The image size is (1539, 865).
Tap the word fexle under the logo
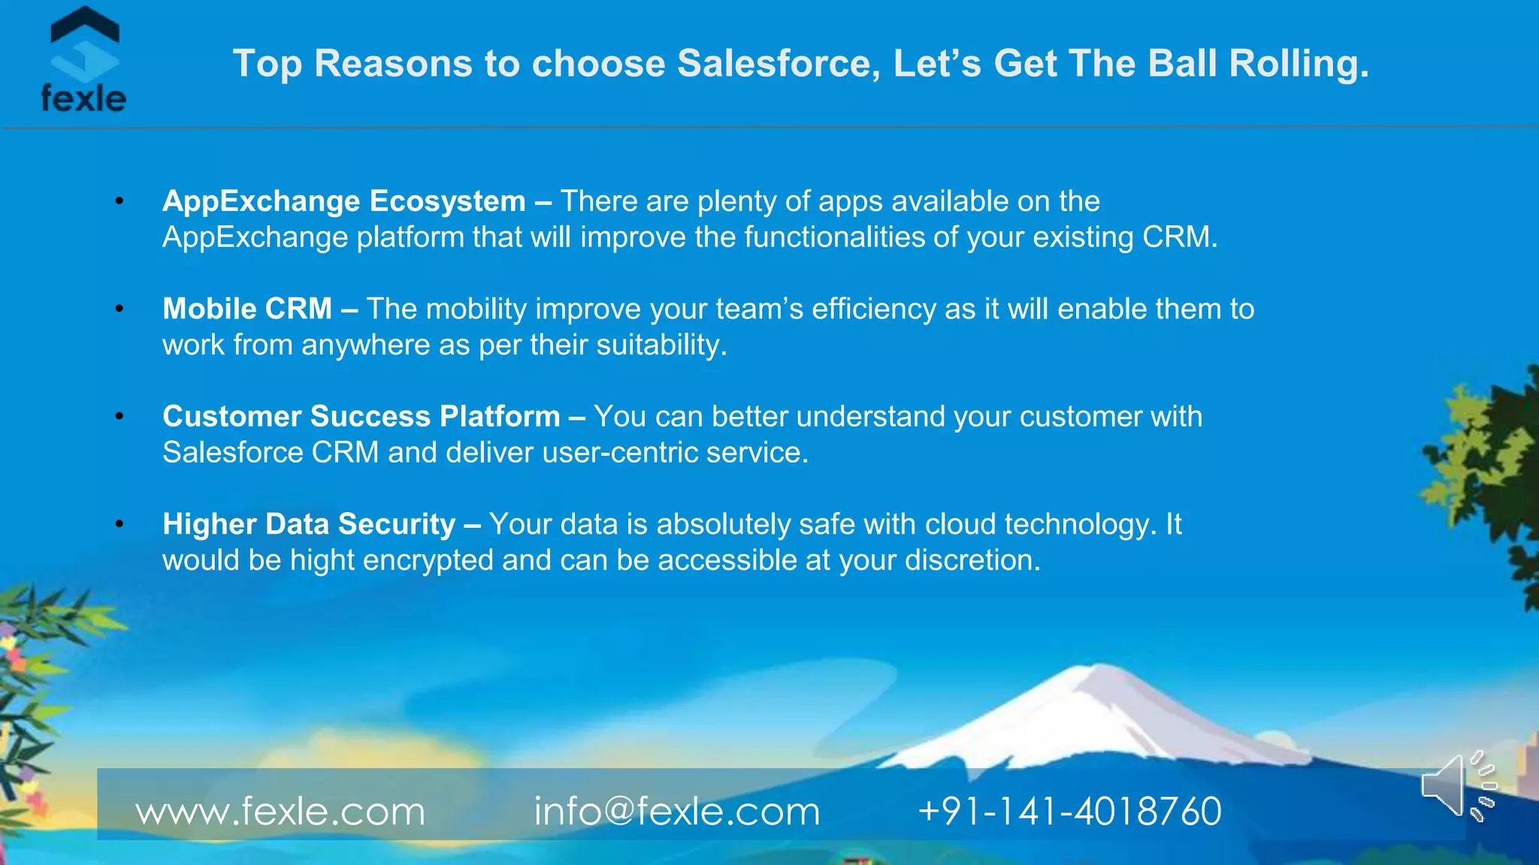coord(83,98)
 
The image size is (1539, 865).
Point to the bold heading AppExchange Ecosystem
coord(344,201)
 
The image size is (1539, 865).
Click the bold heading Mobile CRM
coord(247,309)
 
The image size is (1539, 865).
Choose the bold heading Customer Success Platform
coord(361,416)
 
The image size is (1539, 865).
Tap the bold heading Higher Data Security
coord(309,524)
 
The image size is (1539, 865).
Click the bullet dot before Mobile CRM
coord(119,309)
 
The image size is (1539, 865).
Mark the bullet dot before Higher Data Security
coord(119,524)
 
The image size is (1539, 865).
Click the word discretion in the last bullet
coord(972,560)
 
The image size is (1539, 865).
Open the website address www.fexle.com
coord(280,812)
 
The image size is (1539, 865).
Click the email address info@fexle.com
coord(676,812)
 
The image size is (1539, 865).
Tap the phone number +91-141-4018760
coord(1069,812)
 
